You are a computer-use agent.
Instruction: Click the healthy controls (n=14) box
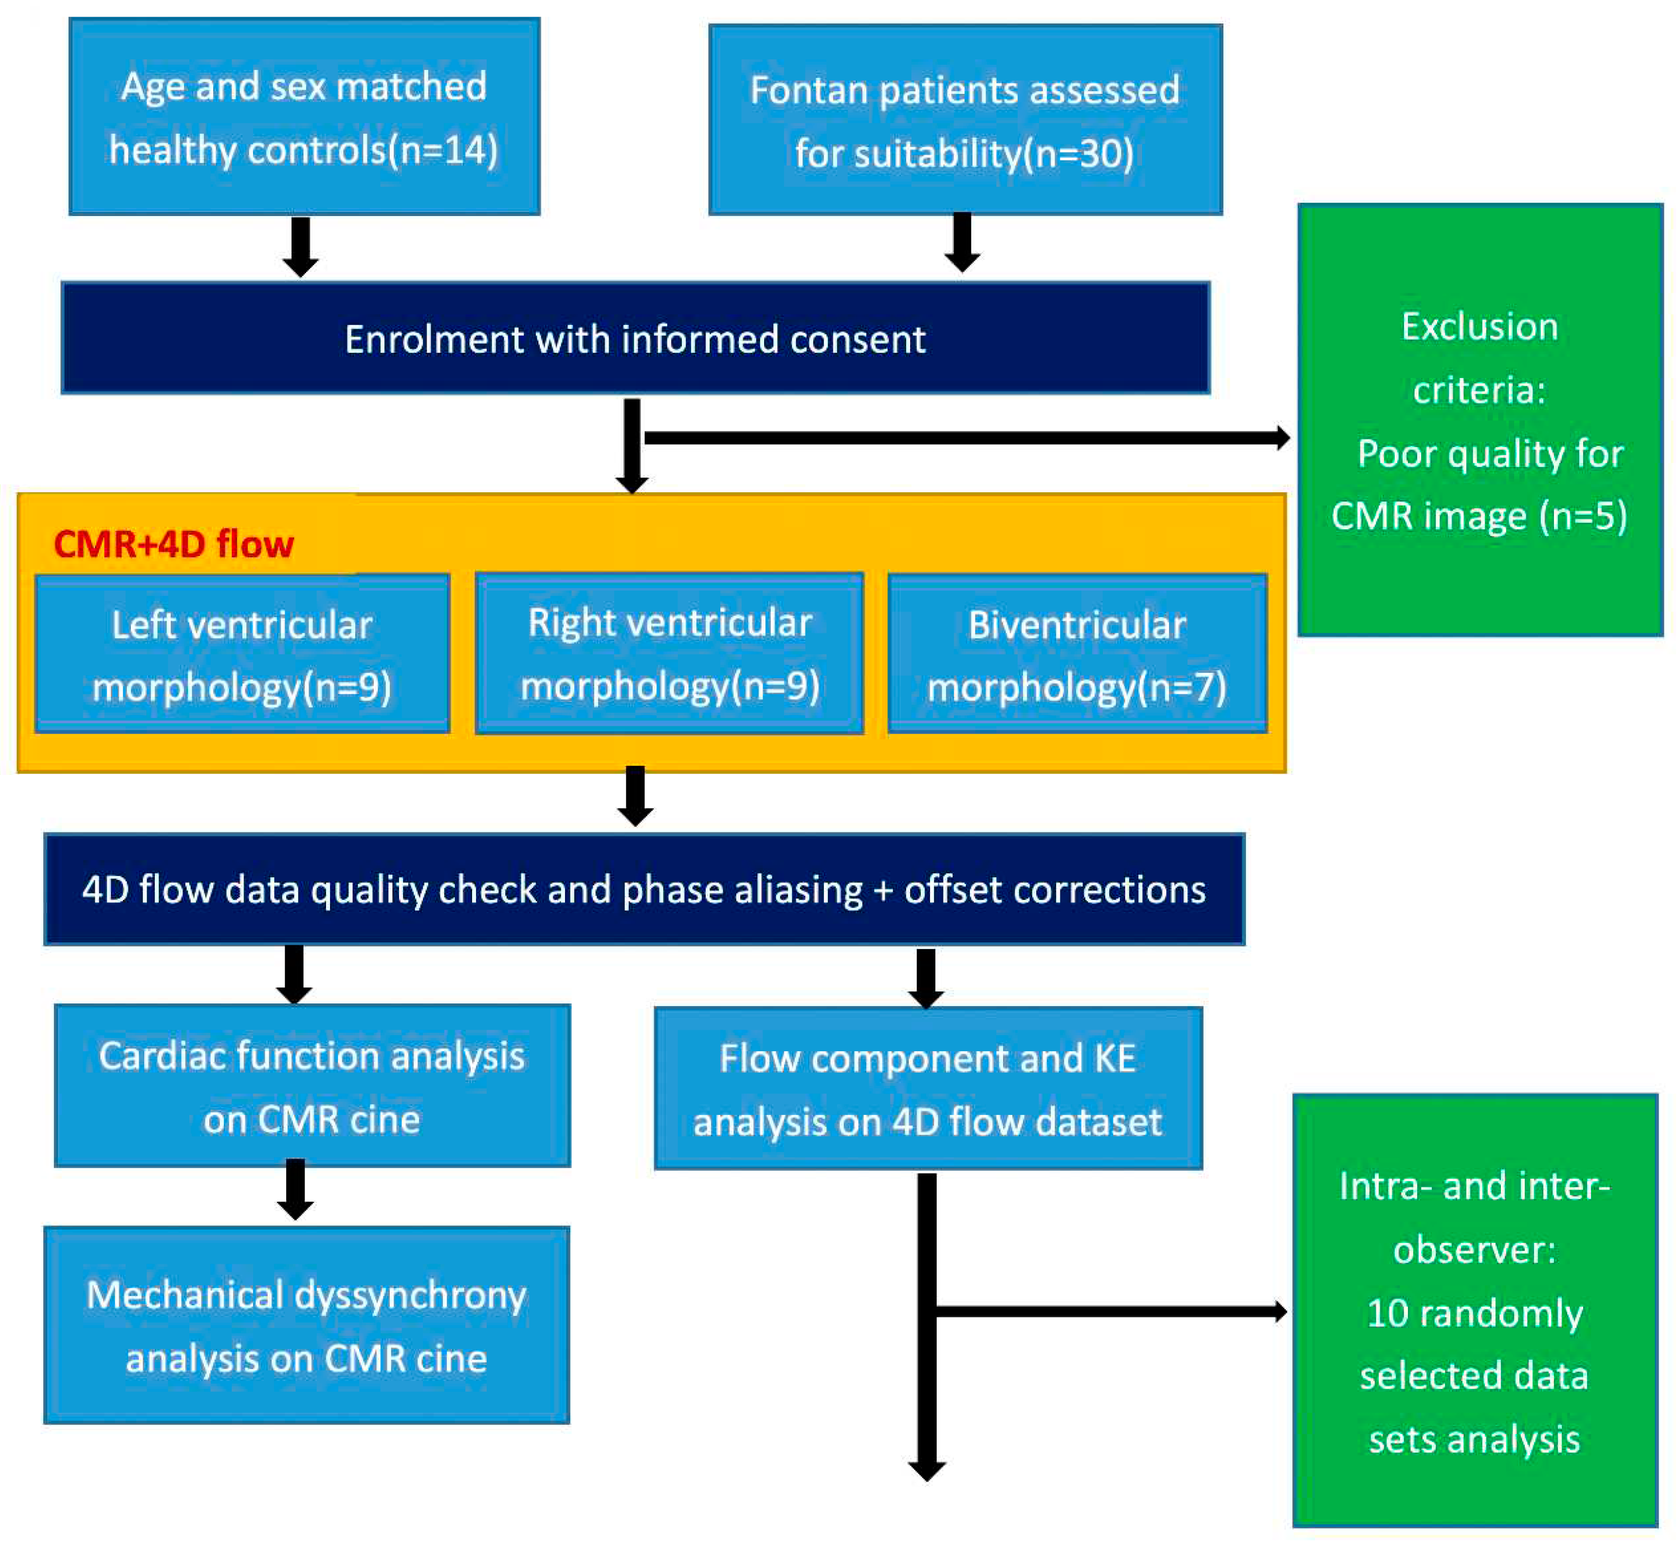coord(304,117)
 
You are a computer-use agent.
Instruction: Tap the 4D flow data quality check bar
coord(644,890)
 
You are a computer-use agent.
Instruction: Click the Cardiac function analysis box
coord(312,1086)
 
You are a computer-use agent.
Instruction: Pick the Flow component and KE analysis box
coord(928,1089)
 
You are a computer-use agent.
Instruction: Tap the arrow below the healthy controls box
coord(300,247)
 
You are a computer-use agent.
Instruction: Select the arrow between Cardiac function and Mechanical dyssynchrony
coord(295,1189)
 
